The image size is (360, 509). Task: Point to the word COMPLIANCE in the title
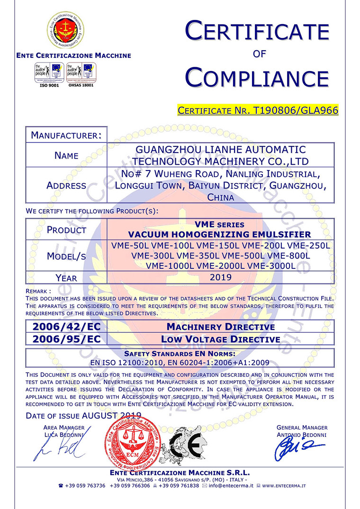(257, 77)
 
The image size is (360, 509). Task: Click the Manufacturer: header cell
(66, 135)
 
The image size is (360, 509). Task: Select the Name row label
(66, 155)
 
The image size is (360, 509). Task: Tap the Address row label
(66, 186)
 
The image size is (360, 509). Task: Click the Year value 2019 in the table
(221, 277)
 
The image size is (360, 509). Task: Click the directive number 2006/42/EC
(67, 327)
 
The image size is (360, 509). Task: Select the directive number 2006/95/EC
(67, 339)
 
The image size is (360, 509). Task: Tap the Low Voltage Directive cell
(221, 339)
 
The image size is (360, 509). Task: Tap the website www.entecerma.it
(284, 486)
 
